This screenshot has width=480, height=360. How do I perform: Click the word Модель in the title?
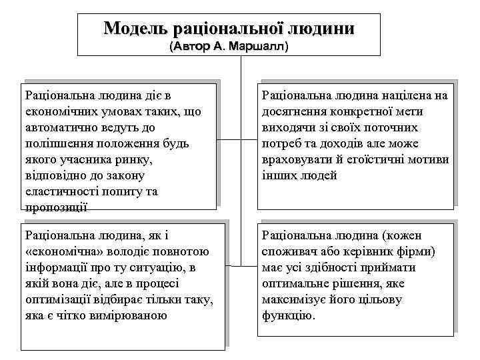pyautogui.click(x=135, y=29)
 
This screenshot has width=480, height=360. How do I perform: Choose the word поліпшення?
pyautogui.click(x=55, y=143)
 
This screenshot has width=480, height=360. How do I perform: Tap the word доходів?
pyautogui.click(x=346, y=143)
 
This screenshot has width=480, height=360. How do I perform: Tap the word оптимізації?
pyautogui.click(x=57, y=299)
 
